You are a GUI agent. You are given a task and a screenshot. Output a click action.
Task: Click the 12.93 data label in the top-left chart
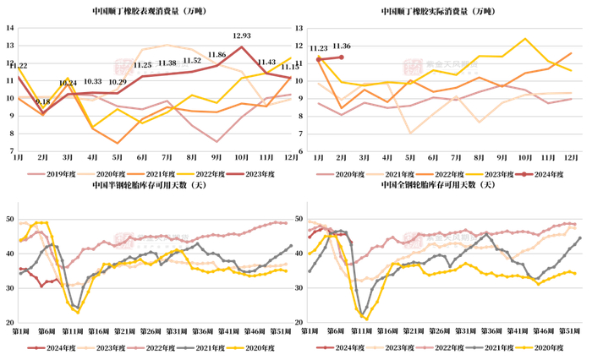click(x=242, y=36)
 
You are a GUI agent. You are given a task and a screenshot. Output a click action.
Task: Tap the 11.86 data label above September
click(x=217, y=55)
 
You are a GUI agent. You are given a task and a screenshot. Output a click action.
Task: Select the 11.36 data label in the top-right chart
click(x=343, y=46)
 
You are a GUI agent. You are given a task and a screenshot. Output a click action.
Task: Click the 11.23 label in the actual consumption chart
click(x=318, y=48)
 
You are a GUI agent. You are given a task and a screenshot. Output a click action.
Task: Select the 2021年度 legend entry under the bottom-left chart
click(x=210, y=347)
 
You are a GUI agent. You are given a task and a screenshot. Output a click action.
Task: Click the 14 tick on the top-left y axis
click(x=9, y=28)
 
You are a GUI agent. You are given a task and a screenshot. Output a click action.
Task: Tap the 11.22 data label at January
click(x=19, y=66)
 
